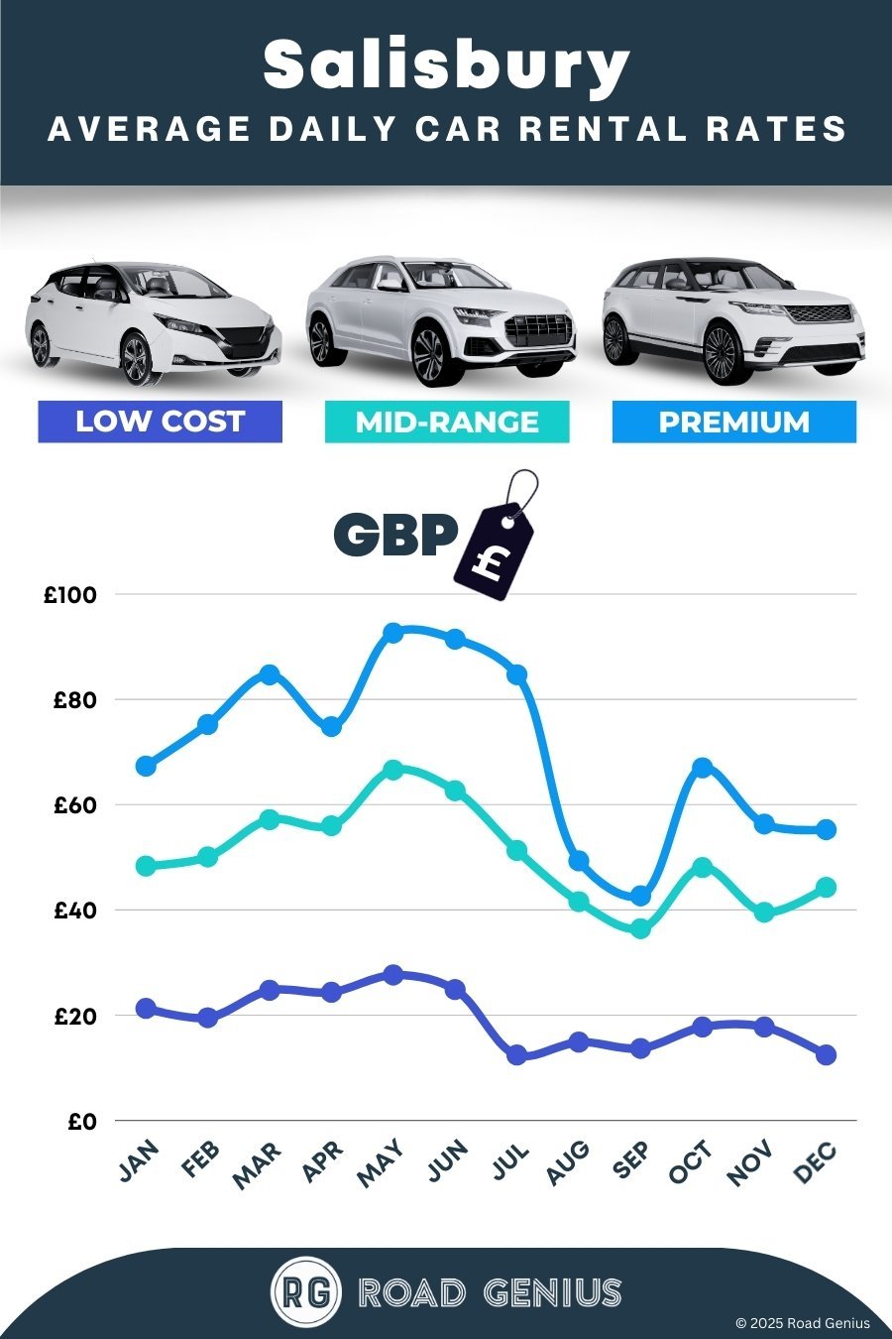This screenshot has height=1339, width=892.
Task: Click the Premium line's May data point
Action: pyautogui.click(x=392, y=633)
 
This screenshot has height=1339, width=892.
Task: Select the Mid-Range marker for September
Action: pyautogui.click(x=640, y=928)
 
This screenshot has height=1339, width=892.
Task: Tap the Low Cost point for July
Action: pyautogui.click(x=516, y=1055)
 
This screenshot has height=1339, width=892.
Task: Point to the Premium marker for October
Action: pyautogui.click(x=703, y=767)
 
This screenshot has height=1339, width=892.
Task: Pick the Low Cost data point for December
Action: pyautogui.click(x=826, y=1054)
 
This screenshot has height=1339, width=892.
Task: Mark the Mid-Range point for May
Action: pyautogui.click(x=392, y=770)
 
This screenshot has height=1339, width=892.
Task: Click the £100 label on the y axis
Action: pyautogui.click(x=69, y=595)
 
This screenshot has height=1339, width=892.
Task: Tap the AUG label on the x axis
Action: pyautogui.click(x=568, y=1162)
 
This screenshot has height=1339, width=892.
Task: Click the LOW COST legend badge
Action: pyautogui.click(x=160, y=422)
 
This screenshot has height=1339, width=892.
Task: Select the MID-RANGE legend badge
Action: pyautogui.click(x=447, y=422)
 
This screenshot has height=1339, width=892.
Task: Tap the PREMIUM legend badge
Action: pyautogui.click(x=733, y=422)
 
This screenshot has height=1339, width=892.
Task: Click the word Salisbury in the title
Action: pyautogui.click(x=446, y=65)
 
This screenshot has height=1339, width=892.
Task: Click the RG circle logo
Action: pyautogui.click(x=305, y=1291)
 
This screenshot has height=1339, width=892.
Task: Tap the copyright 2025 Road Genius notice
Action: pyautogui.click(x=802, y=1323)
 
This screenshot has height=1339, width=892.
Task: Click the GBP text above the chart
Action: pyautogui.click(x=394, y=536)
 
